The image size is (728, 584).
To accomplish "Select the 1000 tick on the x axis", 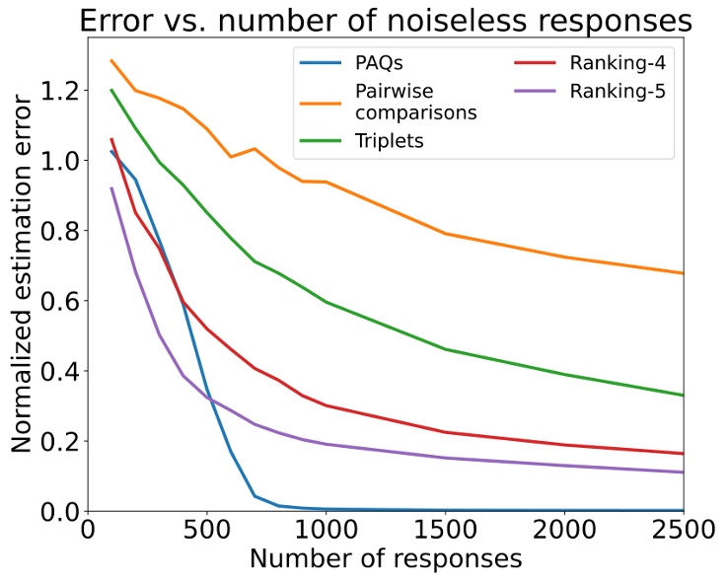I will [326, 532].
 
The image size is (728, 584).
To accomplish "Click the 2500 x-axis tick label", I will [683, 532].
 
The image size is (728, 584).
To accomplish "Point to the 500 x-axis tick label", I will [206, 532].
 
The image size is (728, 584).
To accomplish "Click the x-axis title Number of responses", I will [385, 560].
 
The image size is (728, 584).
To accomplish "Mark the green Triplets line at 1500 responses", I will [445, 349].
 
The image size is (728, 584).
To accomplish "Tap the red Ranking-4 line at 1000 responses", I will [326, 405].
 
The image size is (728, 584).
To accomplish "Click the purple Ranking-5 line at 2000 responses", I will [564, 465].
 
